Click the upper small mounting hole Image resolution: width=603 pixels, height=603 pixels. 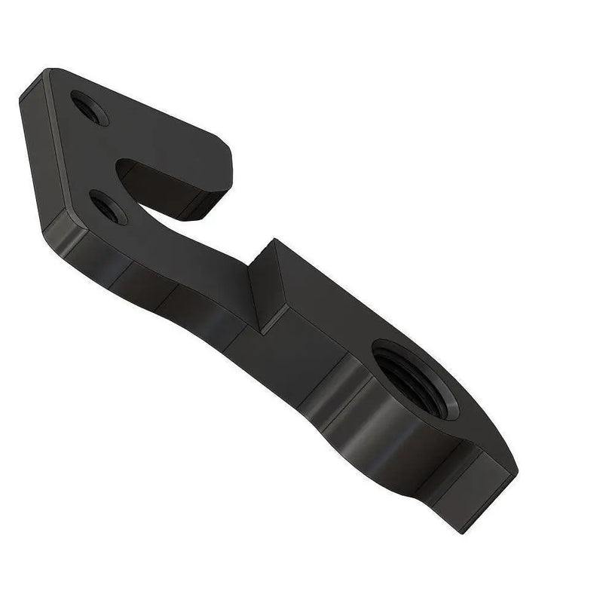[x=89, y=108]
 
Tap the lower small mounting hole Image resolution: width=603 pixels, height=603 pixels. [x=107, y=206]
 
